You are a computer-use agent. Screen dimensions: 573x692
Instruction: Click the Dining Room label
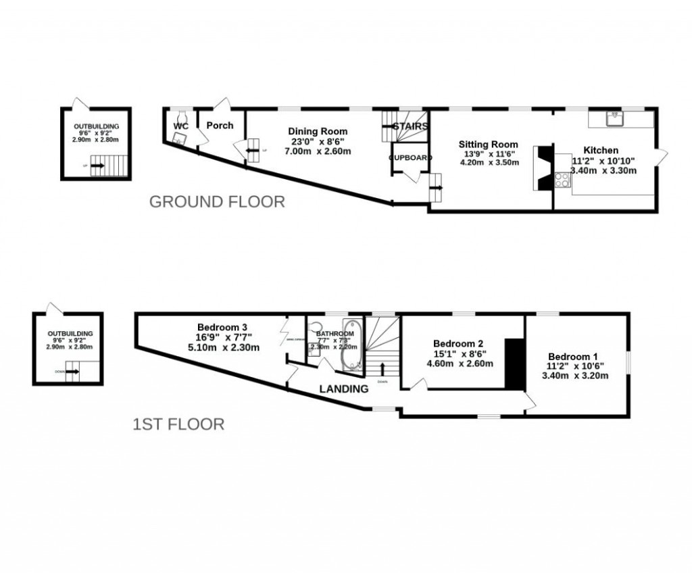318,131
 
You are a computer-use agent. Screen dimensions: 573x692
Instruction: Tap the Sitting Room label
488,144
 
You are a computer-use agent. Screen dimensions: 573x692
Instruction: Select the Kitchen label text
601,150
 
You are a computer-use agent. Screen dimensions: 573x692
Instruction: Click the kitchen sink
616,119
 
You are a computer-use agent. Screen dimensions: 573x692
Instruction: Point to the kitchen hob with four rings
562,179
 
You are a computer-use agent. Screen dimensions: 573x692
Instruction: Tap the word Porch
220,125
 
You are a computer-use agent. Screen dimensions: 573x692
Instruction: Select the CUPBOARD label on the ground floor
410,157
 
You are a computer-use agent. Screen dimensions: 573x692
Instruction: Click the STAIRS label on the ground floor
411,126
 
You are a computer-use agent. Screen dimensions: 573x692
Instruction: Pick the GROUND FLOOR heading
216,201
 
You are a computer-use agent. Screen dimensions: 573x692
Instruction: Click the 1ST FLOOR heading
178,424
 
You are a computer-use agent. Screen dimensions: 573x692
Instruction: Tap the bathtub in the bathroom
349,345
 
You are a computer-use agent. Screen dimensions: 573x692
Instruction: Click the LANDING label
343,389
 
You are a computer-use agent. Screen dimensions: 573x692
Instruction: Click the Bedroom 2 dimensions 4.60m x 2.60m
460,363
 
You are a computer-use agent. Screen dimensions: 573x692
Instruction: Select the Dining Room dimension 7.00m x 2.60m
318,151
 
